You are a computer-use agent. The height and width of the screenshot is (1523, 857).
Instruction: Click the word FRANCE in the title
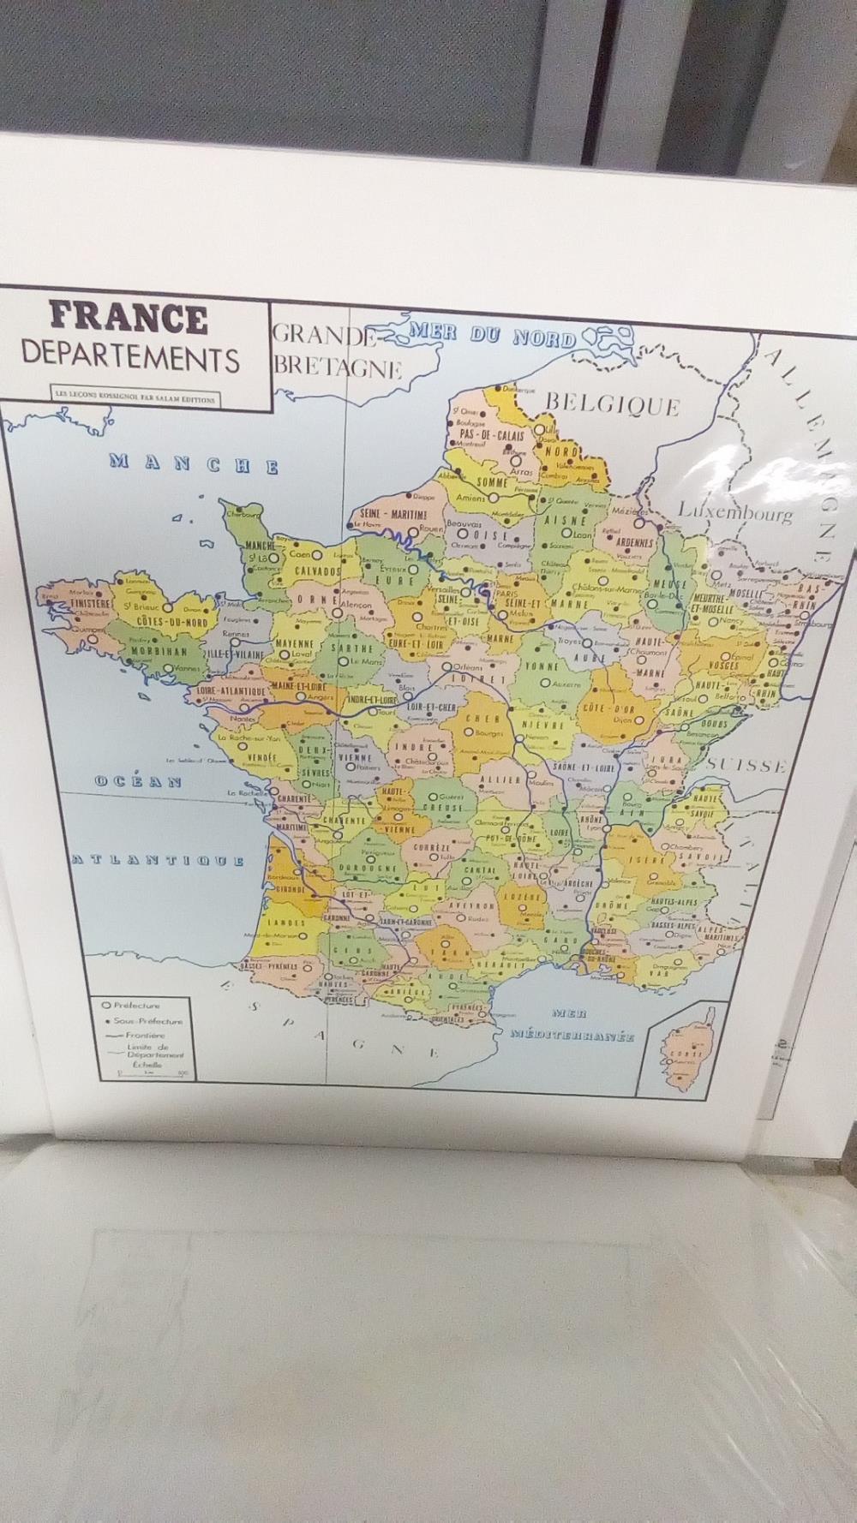click(x=129, y=319)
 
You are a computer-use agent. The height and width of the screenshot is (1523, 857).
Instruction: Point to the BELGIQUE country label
click(x=612, y=403)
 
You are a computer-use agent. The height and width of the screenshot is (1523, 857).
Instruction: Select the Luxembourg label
click(x=735, y=513)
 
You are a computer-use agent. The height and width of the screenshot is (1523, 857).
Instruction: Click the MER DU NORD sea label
click(x=493, y=335)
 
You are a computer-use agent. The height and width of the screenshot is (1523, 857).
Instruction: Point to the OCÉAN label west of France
click(x=138, y=781)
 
